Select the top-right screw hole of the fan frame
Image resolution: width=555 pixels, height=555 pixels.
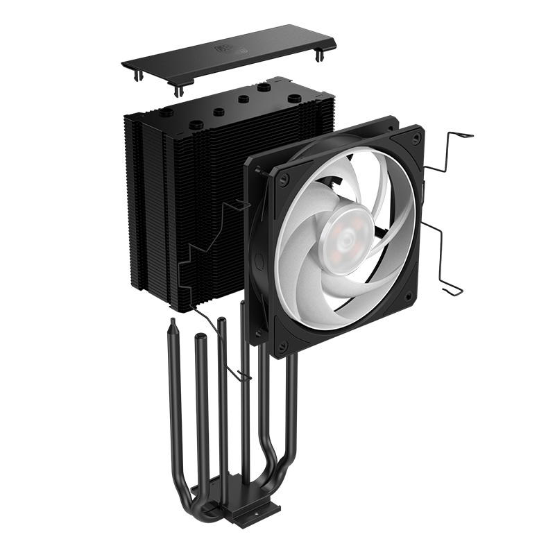click(x=415, y=139)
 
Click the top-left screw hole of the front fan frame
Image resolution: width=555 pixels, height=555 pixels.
click(x=283, y=178)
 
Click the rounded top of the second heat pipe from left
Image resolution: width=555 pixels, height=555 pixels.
click(x=200, y=338)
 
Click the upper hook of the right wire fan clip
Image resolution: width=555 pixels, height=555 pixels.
click(x=458, y=136)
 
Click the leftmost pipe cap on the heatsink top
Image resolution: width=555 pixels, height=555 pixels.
click(x=167, y=111)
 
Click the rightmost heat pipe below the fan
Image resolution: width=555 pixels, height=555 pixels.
click(x=291, y=416)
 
